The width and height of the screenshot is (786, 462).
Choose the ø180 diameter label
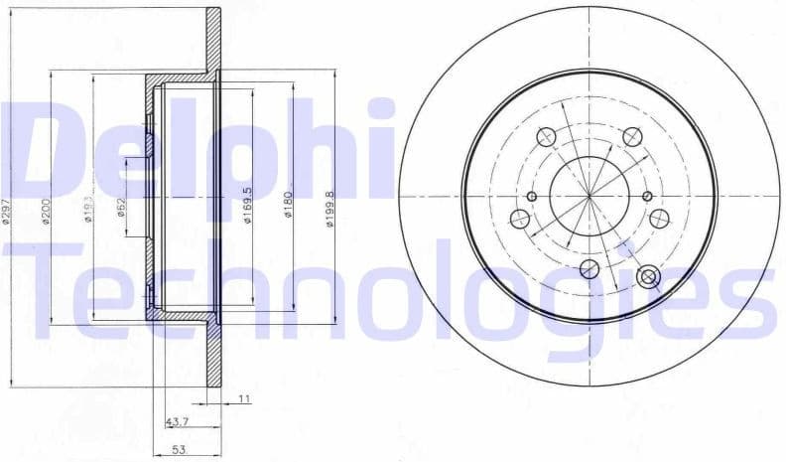pyautogui.click(x=288, y=205)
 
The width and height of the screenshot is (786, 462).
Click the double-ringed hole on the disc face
pyautogui.click(x=650, y=277)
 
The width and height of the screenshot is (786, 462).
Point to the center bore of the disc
pyautogui.click(x=589, y=195)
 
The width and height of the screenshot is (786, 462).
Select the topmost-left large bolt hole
pyautogui.click(x=544, y=136)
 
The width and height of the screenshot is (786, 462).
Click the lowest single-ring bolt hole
pyautogui.click(x=589, y=266)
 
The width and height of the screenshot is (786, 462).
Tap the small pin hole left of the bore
pyautogui.click(x=531, y=197)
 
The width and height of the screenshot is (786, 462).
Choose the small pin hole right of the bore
pyautogui.click(x=646, y=197)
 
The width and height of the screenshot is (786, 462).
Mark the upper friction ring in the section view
pyautogui.click(x=213, y=40)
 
